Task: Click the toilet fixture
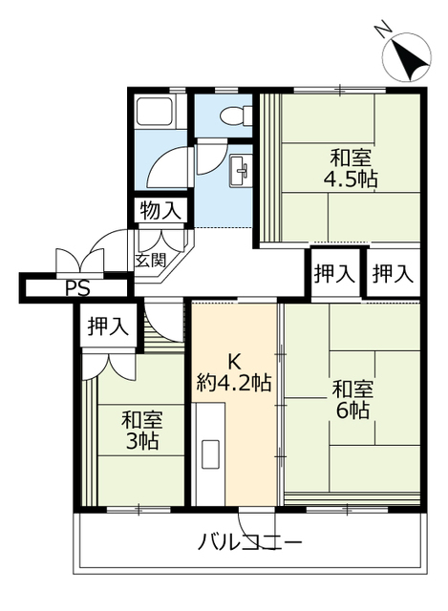[x=236, y=116]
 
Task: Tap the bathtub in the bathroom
[x=155, y=113]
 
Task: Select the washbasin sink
[x=240, y=171]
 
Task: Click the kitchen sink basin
[x=210, y=454]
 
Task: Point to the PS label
[x=77, y=288]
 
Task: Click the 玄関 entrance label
[x=151, y=260]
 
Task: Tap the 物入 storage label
[x=160, y=211]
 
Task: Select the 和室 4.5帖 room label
[x=351, y=169]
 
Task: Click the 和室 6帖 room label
[x=352, y=399]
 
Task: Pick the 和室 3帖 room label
[x=142, y=431]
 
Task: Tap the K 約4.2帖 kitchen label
[x=234, y=373]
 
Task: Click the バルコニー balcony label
[x=249, y=542]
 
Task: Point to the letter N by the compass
[x=382, y=31]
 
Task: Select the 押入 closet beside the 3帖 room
[x=108, y=326]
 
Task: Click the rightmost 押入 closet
[x=393, y=273]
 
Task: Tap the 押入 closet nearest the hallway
[x=334, y=273]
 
